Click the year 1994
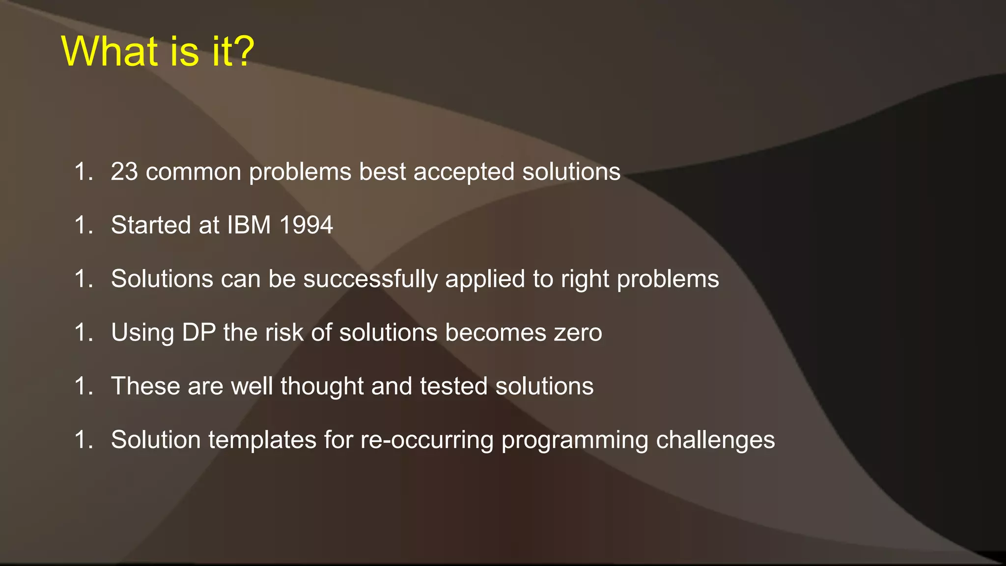point(306,225)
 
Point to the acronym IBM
point(249,225)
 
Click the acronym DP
point(199,333)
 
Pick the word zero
point(578,333)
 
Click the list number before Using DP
point(83,333)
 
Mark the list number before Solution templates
point(83,440)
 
